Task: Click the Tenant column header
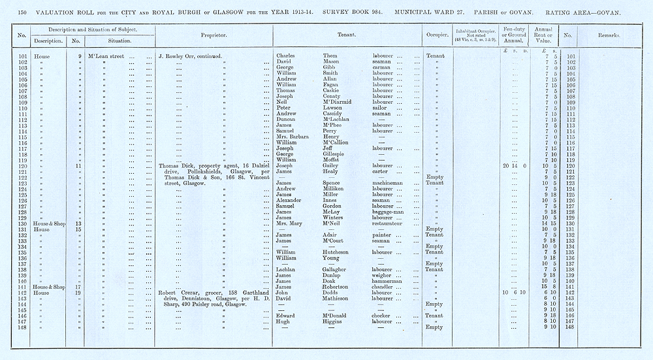point(346,34)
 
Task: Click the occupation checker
point(384,315)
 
